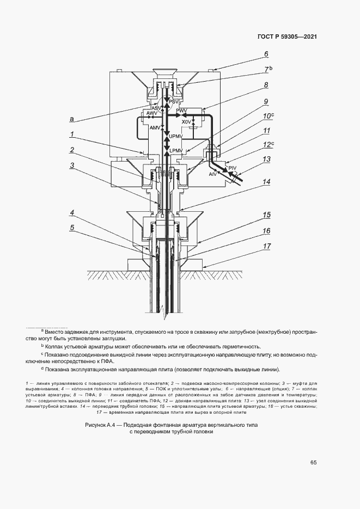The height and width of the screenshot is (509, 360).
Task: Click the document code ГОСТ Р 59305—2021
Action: (286, 37)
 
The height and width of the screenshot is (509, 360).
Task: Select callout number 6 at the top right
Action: (266, 54)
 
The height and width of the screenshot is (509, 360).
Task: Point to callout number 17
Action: (266, 247)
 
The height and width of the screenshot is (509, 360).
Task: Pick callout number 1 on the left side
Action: (71, 133)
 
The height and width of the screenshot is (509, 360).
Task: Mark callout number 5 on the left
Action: (71, 228)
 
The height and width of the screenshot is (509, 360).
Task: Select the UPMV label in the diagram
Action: (176, 136)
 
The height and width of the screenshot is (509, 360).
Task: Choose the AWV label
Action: (144, 113)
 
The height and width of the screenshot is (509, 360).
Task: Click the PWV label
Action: (181, 111)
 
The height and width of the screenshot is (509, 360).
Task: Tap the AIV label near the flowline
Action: (213, 174)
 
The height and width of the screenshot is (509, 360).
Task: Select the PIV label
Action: (232, 168)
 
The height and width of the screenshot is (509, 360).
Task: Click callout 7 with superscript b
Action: (267, 69)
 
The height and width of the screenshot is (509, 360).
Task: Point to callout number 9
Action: (266, 101)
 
